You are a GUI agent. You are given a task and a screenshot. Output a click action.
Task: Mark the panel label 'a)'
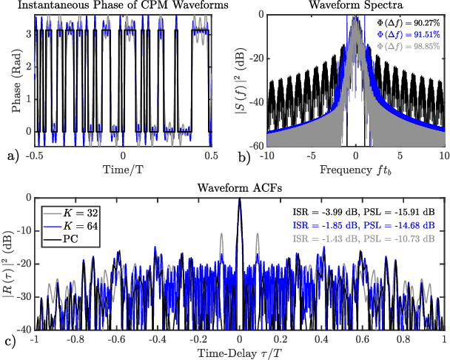coord(11,157)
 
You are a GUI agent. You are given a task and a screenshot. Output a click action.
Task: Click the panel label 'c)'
coord(11,343)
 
